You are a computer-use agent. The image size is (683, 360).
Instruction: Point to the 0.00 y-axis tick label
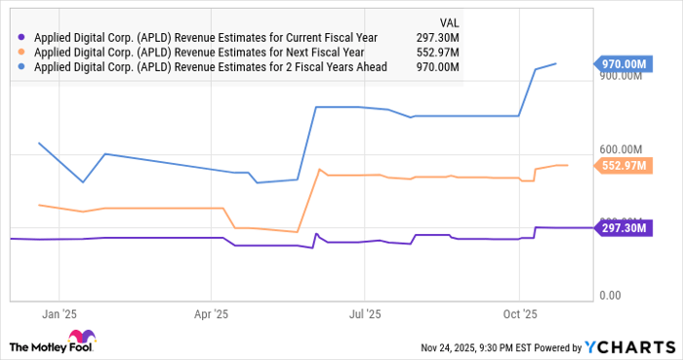611,295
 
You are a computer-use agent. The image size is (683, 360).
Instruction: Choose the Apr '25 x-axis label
211,314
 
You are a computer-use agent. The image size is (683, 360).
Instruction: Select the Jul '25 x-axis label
363,314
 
